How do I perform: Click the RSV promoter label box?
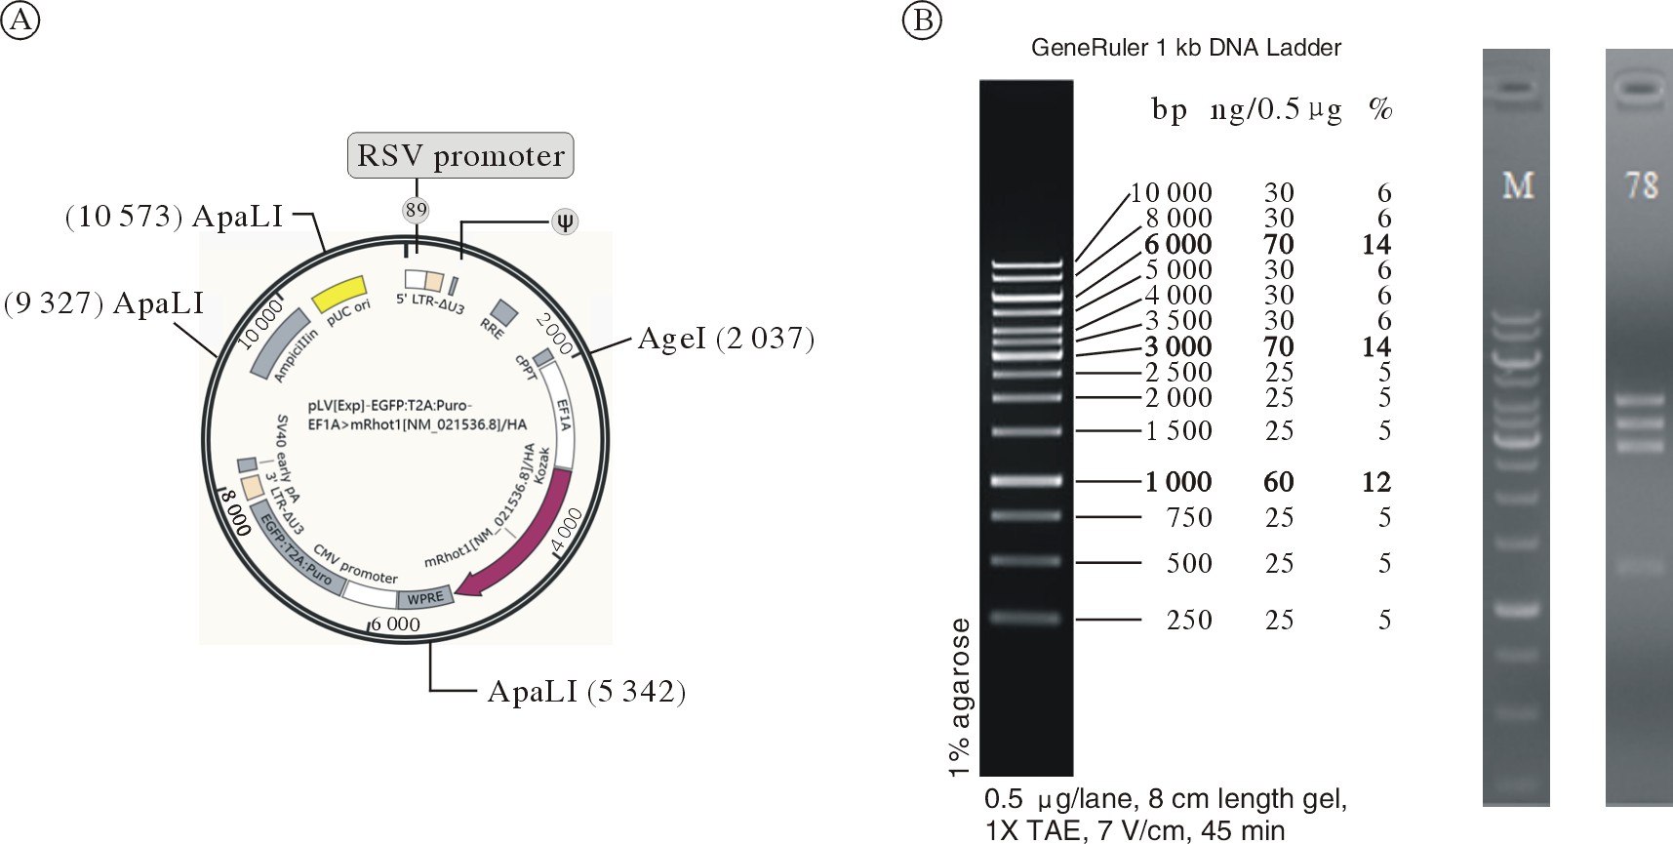tap(460, 155)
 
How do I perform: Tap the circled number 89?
tap(417, 210)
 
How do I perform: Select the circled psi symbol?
tap(565, 221)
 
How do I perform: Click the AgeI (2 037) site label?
tap(725, 339)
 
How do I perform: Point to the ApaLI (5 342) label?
tap(586, 692)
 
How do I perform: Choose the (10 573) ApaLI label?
tap(174, 216)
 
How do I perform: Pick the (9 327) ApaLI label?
tap(103, 303)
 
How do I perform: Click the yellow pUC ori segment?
tap(339, 294)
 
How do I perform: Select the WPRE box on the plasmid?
tap(425, 597)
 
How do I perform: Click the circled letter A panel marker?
tap(20, 20)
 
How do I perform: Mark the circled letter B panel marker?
tap(922, 20)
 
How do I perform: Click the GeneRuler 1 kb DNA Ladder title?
tap(1186, 48)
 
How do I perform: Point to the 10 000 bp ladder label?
tap(1171, 192)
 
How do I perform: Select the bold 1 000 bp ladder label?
tap(1178, 482)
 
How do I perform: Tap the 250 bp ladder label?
tap(1189, 620)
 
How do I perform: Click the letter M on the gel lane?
tap(1517, 184)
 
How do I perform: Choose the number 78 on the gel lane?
tap(1641, 184)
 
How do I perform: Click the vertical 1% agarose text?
tap(959, 697)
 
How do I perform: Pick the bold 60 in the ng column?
tap(1279, 482)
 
